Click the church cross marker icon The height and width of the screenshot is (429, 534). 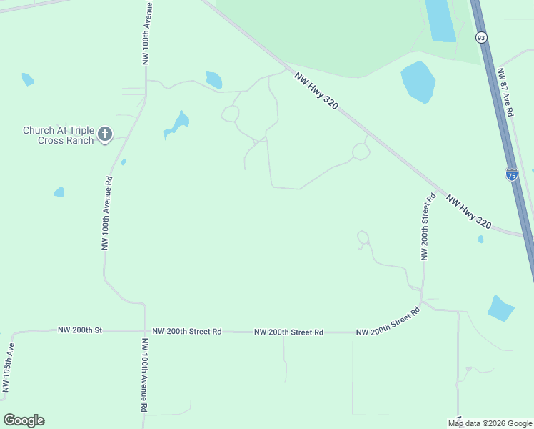105,134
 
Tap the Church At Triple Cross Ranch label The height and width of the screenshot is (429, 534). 58,135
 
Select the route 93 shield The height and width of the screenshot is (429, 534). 481,37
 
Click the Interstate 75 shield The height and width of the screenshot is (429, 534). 511,174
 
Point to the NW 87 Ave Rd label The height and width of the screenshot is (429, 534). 506,92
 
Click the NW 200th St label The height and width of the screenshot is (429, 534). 80,330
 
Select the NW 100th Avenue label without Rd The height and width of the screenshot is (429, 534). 146,34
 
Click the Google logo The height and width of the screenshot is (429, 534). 24,420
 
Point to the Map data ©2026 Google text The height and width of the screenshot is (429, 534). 490,423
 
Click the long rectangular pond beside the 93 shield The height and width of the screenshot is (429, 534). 440,20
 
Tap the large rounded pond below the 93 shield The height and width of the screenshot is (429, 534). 418,81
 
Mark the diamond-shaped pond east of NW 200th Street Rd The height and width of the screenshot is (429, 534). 501,308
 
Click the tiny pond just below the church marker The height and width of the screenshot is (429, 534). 124,162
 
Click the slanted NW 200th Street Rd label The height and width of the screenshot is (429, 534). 388,323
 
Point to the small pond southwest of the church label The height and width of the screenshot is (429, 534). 59,192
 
